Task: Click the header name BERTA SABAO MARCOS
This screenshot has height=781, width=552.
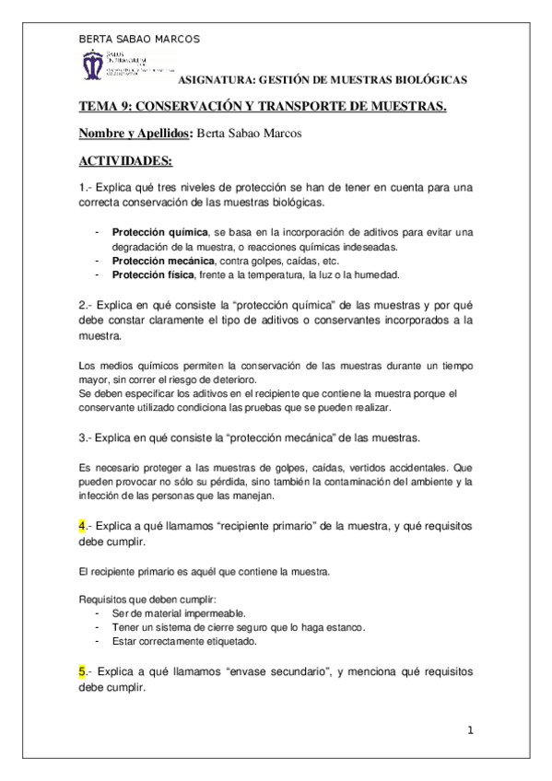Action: click(139, 39)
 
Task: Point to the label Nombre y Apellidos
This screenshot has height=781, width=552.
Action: click(135, 134)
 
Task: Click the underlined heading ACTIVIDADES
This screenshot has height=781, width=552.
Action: click(125, 161)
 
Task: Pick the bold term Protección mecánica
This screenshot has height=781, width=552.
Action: click(159, 261)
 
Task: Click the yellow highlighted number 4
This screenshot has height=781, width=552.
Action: click(82, 526)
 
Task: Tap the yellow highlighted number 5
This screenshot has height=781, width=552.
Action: click(82, 673)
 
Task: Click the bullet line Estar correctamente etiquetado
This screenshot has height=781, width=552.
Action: click(184, 641)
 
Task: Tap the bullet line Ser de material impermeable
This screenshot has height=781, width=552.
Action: click(178, 612)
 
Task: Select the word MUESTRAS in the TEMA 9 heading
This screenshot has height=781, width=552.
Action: click(403, 107)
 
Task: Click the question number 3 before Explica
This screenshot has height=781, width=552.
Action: click(82, 435)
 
